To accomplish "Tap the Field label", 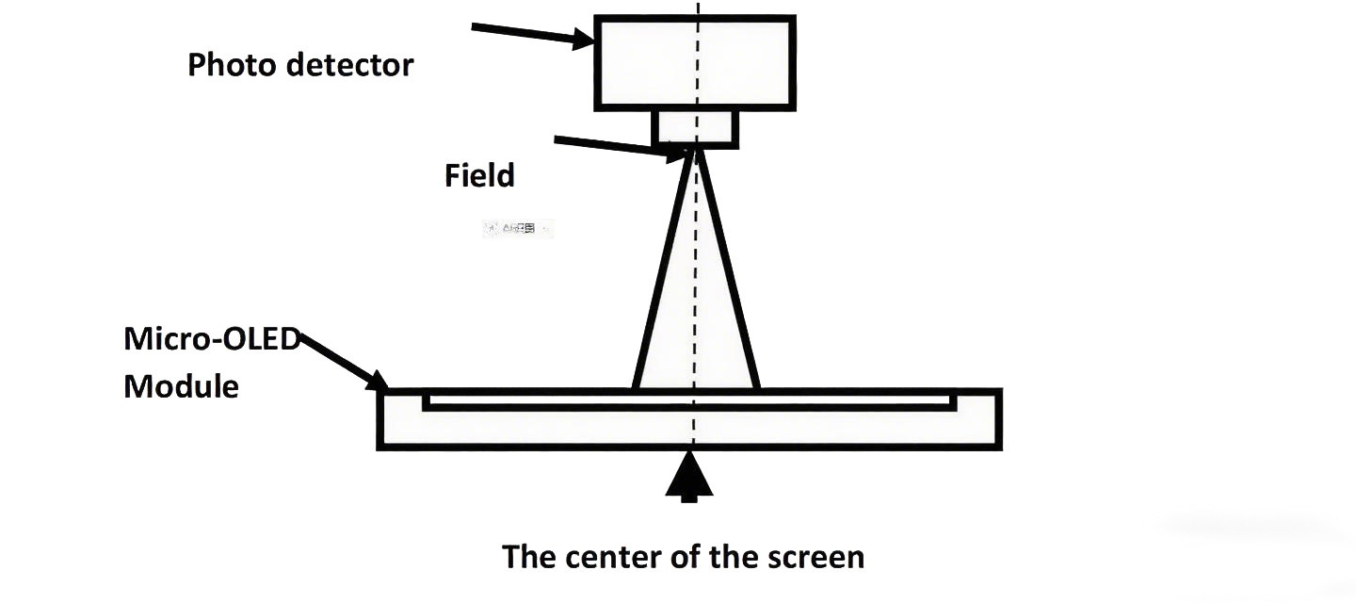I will (x=479, y=175).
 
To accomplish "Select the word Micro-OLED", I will (x=211, y=339).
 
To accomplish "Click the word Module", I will (x=181, y=385).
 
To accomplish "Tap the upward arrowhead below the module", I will (x=689, y=476).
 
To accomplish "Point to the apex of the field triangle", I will (x=696, y=151).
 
